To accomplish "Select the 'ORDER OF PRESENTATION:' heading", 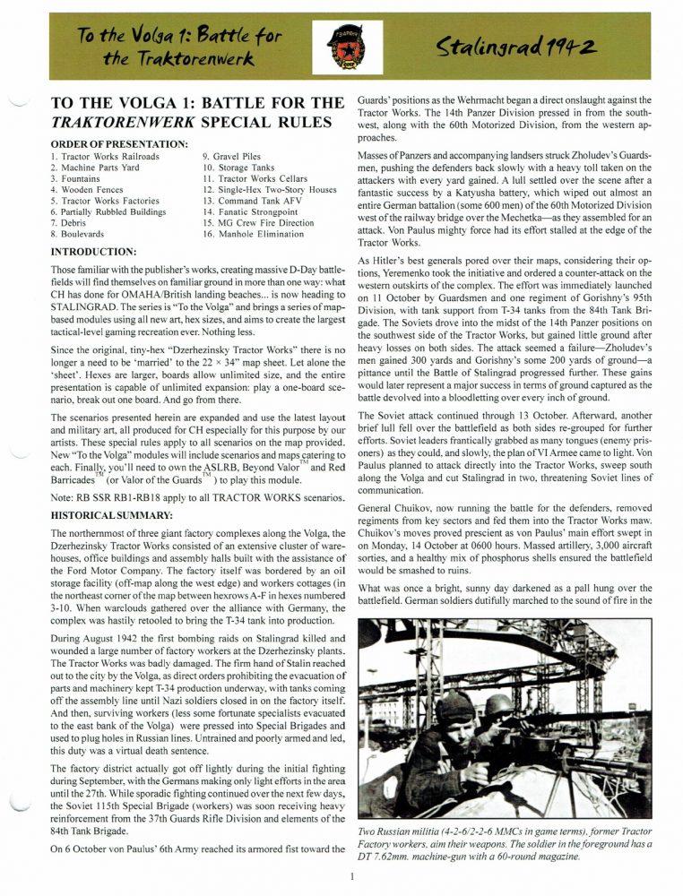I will [x=119, y=144].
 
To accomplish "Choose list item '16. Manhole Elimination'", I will [x=254, y=234].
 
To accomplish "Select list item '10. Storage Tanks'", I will [x=241, y=167].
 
